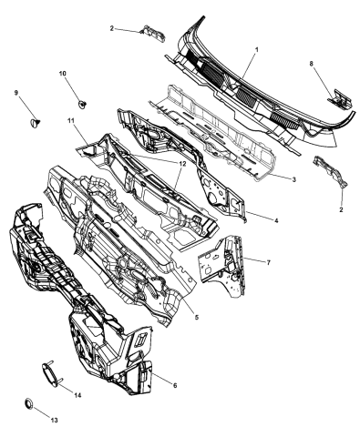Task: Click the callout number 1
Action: [x=257, y=49]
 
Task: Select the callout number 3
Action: [x=293, y=179]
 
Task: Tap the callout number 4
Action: [x=276, y=220]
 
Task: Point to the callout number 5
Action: [x=197, y=317]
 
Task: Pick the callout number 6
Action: [x=175, y=385]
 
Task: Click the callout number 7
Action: [x=268, y=263]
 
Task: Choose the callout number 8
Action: [x=312, y=64]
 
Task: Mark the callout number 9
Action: [x=16, y=93]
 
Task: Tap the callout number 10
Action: [x=63, y=74]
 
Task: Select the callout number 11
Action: [x=71, y=120]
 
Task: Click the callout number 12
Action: [x=182, y=163]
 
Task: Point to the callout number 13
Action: [x=54, y=421]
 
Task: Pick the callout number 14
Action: [x=77, y=395]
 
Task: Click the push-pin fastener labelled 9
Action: [x=36, y=122]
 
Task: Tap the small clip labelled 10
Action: [x=82, y=104]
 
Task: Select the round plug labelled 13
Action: [x=29, y=403]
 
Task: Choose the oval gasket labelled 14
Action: [x=50, y=375]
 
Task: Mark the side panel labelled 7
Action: [x=221, y=266]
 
